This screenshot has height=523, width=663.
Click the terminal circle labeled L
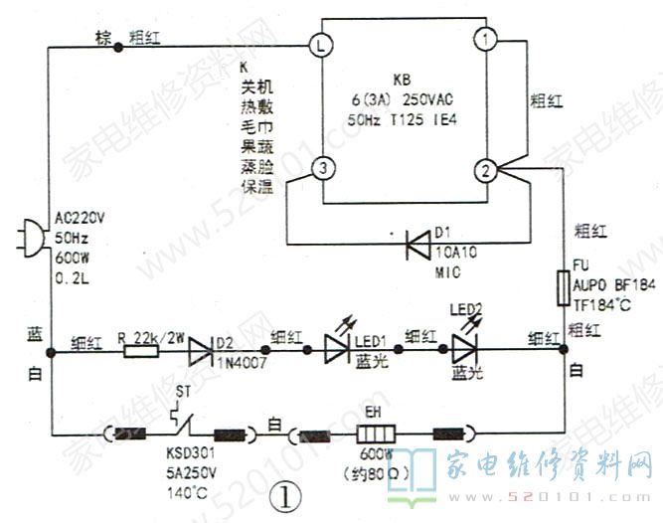click(x=319, y=45)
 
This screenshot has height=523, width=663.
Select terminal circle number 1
click(x=484, y=40)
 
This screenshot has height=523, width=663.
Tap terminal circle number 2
click(x=484, y=170)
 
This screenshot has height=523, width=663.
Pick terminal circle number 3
click(x=319, y=170)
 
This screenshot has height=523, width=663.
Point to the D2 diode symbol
click(x=204, y=348)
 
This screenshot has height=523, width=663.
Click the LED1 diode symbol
click(x=336, y=348)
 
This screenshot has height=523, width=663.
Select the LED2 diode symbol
click(x=463, y=348)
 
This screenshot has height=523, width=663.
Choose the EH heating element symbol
click(x=376, y=435)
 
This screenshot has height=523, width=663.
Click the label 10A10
click(x=454, y=254)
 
